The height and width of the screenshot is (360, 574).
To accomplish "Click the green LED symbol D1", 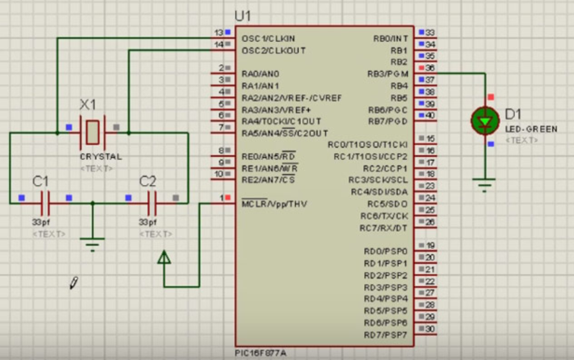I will (x=484, y=122).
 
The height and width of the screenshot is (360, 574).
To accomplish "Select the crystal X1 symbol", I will (x=92, y=131).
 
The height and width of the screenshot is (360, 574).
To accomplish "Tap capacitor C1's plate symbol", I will (x=45, y=198).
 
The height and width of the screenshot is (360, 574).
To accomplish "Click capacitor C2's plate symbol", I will (x=152, y=198).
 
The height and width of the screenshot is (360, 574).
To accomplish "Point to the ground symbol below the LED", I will (x=484, y=183).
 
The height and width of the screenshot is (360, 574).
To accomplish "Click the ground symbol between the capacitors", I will (x=92, y=244).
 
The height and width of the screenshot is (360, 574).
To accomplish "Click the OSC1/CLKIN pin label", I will (x=268, y=38).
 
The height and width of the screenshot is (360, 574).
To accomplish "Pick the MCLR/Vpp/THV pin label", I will (x=274, y=204).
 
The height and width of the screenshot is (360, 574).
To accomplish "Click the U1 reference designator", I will (x=242, y=16).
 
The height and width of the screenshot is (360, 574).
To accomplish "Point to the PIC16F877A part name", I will (x=262, y=353).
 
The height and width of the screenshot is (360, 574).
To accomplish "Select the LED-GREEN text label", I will (x=531, y=129).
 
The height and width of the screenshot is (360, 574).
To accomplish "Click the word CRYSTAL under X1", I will (x=101, y=156).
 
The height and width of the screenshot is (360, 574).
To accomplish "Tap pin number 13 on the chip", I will (x=219, y=32).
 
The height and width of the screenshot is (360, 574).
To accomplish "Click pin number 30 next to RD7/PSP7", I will (x=431, y=329).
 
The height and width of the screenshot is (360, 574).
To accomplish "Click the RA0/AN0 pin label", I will (x=260, y=74).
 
